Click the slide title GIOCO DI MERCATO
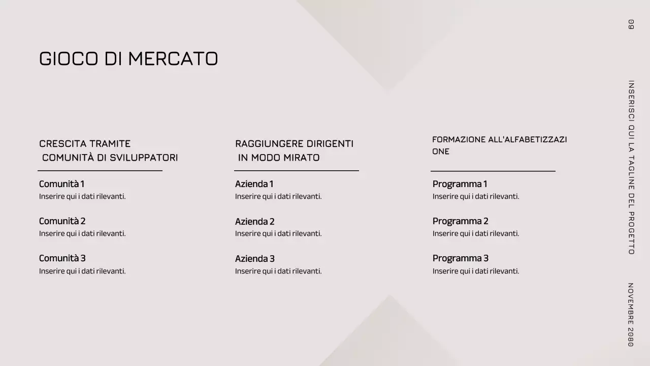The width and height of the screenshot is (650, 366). (128, 59)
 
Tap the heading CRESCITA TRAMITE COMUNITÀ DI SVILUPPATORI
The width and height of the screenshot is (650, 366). (109, 150)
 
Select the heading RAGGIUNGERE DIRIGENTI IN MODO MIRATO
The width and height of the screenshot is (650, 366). (295, 150)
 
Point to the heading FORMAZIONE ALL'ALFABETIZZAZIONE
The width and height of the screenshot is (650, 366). (499, 145)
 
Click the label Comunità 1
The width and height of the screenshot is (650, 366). (61, 184)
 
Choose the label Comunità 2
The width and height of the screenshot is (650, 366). (62, 221)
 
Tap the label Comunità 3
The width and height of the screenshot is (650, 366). (62, 258)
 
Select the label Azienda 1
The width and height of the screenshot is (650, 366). (254, 184)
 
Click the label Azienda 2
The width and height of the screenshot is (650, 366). (254, 222)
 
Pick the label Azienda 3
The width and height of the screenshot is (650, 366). (254, 259)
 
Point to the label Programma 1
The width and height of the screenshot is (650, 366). (460, 184)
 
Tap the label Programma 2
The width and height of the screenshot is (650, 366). (460, 221)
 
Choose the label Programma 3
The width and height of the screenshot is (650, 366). (460, 258)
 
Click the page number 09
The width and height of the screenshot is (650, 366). (631, 24)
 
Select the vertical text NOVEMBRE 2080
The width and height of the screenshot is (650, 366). (631, 315)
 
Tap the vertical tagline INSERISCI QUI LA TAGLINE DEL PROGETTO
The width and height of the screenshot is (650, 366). (631, 167)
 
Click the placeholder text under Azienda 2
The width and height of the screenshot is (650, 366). (278, 234)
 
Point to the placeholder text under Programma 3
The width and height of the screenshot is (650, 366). (476, 271)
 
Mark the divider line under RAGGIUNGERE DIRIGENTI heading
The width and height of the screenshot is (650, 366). (297, 171)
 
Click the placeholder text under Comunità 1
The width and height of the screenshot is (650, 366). (82, 197)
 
